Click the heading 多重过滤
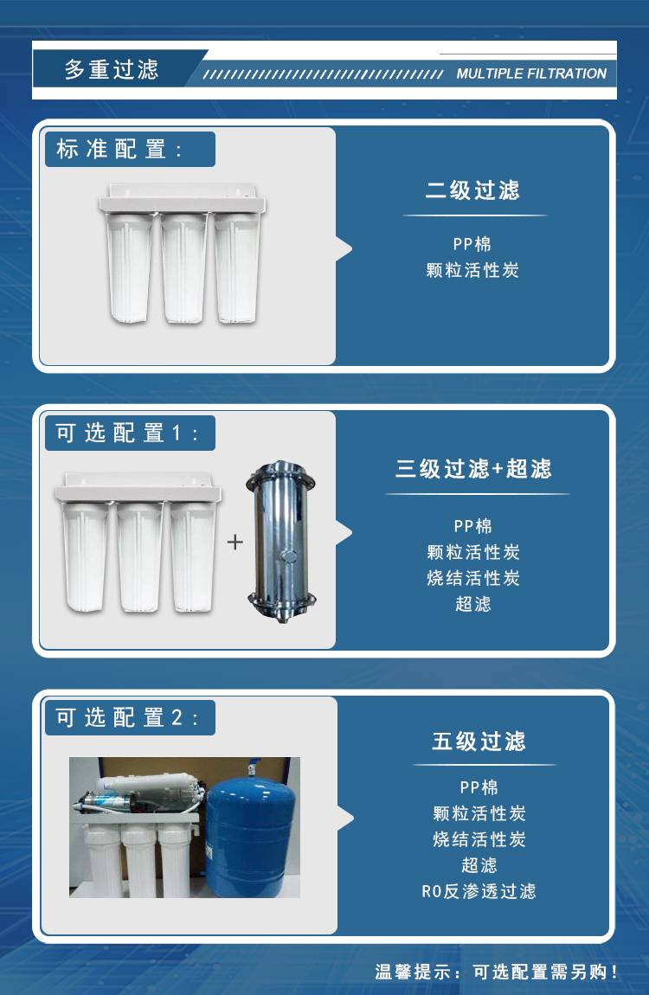click(x=111, y=69)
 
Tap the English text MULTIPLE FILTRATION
click(x=531, y=74)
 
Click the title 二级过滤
click(x=472, y=190)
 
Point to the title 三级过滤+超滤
click(x=474, y=469)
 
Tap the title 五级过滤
click(x=479, y=741)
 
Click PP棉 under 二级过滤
click(x=472, y=244)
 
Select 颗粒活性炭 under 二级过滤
click(x=472, y=270)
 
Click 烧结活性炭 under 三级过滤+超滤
click(x=473, y=578)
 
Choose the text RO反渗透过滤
click(x=479, y=891)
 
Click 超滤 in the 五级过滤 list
click(x=479, y=865)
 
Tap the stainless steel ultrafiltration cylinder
click(x=281, y=542)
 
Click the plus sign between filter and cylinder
click(x=235, y=542)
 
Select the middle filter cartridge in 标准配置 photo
click(x=183, y=268)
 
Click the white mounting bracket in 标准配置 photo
click(x=182, y=199)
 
